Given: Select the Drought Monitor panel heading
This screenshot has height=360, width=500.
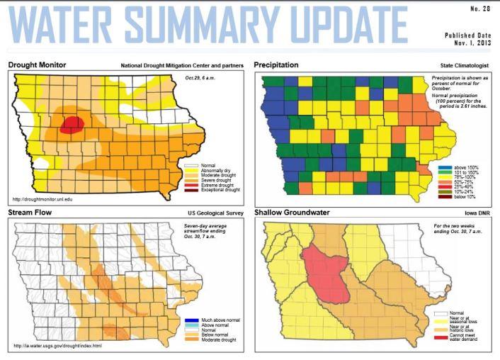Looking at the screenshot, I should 37,64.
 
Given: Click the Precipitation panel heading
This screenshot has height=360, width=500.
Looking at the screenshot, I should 276,64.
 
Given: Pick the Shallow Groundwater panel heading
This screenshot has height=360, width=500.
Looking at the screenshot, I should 294,213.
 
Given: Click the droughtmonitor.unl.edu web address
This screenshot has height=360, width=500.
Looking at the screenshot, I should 44,200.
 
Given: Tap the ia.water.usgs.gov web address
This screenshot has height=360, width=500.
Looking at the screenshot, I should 57,347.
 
